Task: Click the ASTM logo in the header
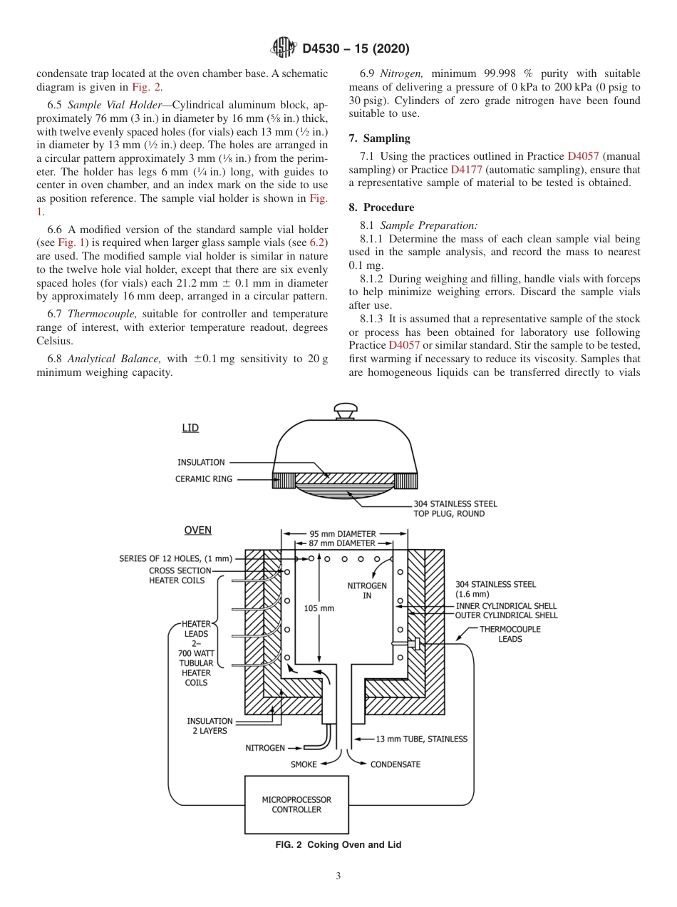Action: pos(283,48)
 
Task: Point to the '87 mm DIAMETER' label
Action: pos(345,543)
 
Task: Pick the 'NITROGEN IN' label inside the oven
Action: pos(366,590)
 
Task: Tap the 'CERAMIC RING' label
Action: pos(204,479)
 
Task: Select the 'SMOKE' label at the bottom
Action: pos(303,764)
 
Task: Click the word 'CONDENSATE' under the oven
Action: pos(395,764)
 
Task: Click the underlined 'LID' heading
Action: pos(190,428)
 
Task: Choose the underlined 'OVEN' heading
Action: pos(197,531)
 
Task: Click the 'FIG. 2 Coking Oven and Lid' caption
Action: pos(338,845)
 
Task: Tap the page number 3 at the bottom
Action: pos(338,876)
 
